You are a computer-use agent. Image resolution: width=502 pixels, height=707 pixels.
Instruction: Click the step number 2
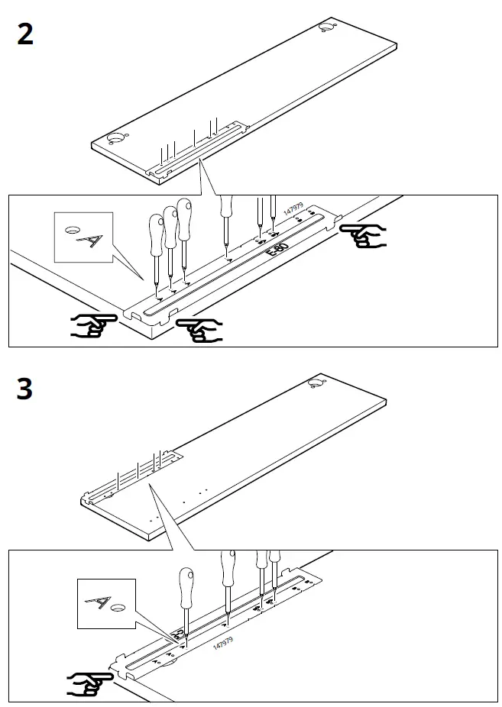[25, 34]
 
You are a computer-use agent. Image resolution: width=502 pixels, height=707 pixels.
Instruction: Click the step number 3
[25, 389]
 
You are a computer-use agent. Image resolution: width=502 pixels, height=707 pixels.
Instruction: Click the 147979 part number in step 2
[293, 211]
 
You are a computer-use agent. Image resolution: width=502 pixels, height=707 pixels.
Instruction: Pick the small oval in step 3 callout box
[118, 609]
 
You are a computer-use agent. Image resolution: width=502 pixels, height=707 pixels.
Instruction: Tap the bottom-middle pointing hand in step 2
[198, 329]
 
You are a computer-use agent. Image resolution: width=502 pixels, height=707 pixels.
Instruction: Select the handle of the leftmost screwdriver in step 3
[186, 583]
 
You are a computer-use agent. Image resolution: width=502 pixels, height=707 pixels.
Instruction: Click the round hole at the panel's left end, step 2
[117, 139]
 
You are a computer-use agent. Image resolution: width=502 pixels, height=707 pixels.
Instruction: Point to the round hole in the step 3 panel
[317, 384]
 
